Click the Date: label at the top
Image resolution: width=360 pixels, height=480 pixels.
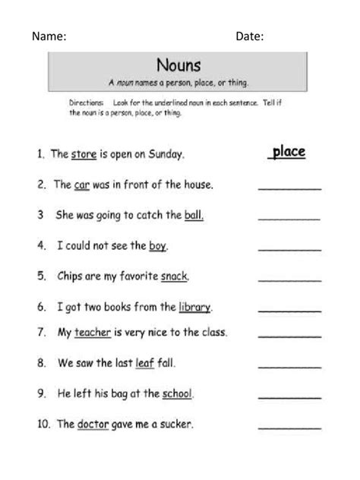tap(249, 36)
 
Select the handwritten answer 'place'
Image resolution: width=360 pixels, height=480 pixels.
tap(289, 152)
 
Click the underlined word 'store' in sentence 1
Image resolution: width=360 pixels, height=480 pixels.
tap(84, 154)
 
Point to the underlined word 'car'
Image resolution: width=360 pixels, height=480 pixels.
tap(83, 185)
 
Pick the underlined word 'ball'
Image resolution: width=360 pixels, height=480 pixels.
tap(194, 215)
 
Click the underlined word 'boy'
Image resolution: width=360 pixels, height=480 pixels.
tap(157, 246)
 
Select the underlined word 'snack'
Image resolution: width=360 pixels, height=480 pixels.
tap(175, 276)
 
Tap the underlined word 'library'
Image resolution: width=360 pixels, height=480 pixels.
tap(194, 308)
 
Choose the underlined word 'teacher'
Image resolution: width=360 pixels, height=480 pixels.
tap(93, 332)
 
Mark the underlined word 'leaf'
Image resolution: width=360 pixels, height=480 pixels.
tap(144, 363)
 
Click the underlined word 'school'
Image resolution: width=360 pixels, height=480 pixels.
tap(178, 393)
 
